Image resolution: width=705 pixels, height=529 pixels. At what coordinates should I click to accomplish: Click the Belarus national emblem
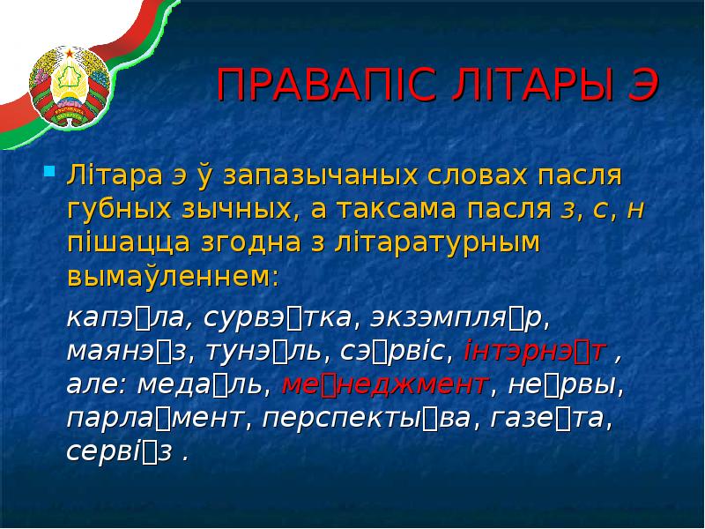click(x=67, y=86)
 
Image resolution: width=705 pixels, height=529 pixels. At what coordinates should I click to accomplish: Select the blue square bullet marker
click(x=50, y=168)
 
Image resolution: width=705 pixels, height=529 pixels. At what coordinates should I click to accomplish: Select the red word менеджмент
click(x=385, y=384)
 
